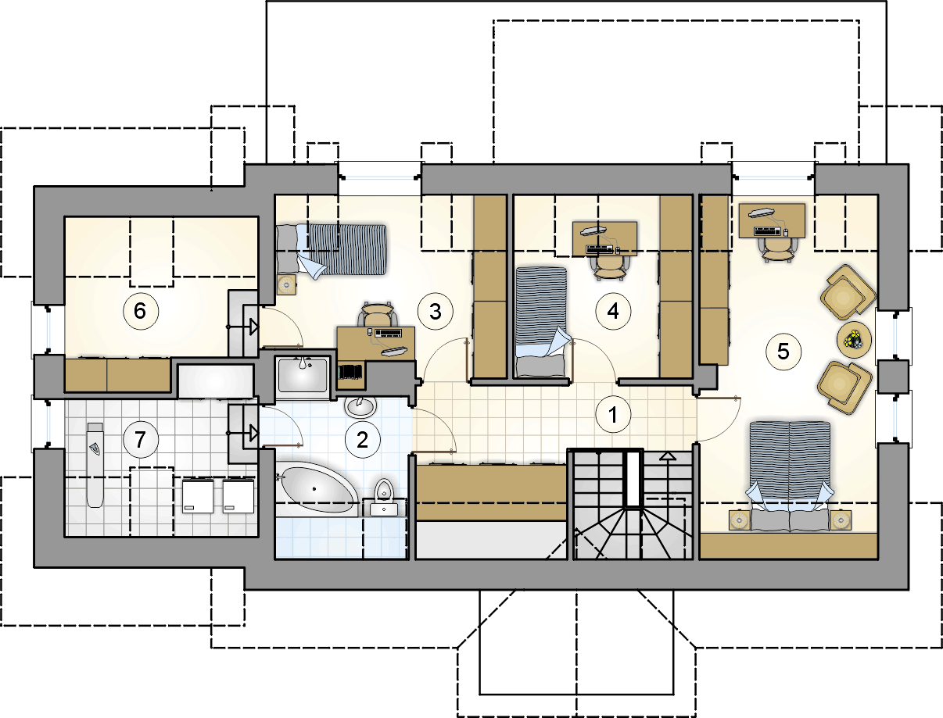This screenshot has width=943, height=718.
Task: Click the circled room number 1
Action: point(613,415)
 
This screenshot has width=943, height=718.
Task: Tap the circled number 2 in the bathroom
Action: point(363,439)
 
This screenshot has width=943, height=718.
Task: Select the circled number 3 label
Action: point(436,311)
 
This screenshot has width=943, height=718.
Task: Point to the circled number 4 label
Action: point(613,311)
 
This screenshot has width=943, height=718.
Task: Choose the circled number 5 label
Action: point(783,352)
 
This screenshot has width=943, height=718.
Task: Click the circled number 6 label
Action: point(141,311)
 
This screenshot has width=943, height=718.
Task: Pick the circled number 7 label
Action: point(141,439)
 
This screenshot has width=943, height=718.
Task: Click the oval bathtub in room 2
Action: point(317,490)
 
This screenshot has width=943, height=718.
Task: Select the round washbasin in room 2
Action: point(361,406)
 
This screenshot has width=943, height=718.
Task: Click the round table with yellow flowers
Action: point(854,340)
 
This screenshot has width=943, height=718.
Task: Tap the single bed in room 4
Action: point(541,322)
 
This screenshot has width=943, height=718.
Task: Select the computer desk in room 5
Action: point(772,220)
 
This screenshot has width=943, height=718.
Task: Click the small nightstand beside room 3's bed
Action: point(286,284)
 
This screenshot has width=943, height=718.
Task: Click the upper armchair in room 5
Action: point(848,292)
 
